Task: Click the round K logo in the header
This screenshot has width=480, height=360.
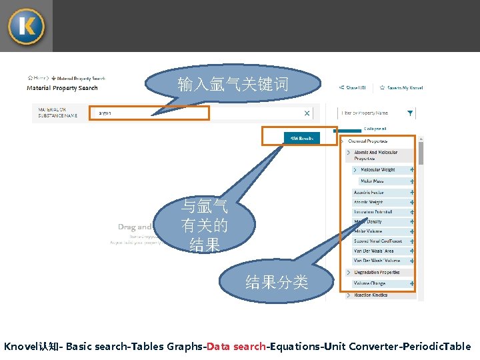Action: [x=26, y=26]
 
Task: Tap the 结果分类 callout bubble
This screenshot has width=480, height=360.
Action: [x=277, y=282]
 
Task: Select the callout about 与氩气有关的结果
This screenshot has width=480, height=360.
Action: [x=205, y=225]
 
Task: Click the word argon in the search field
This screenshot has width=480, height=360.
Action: [x=105, y=113]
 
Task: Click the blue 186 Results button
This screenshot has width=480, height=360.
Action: [x=301, y=138]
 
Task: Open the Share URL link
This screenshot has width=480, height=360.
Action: [x=353, y=87]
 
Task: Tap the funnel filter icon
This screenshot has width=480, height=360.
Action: [x=409, y=113]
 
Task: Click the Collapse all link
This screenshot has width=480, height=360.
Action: [x=375, y=129]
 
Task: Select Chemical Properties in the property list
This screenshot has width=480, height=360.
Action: [x=368, y=141]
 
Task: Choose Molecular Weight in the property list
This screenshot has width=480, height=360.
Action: [x=377, y=170]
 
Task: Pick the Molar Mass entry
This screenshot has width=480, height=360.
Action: [x=372, y=181]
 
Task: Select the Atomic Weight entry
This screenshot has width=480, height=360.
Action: [x=368, y=202]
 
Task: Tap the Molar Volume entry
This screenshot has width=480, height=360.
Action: [x=368, y=231]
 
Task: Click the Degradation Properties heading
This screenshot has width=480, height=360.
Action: [x=377, y=272]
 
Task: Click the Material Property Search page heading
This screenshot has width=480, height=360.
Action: [x=62, y=88]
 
